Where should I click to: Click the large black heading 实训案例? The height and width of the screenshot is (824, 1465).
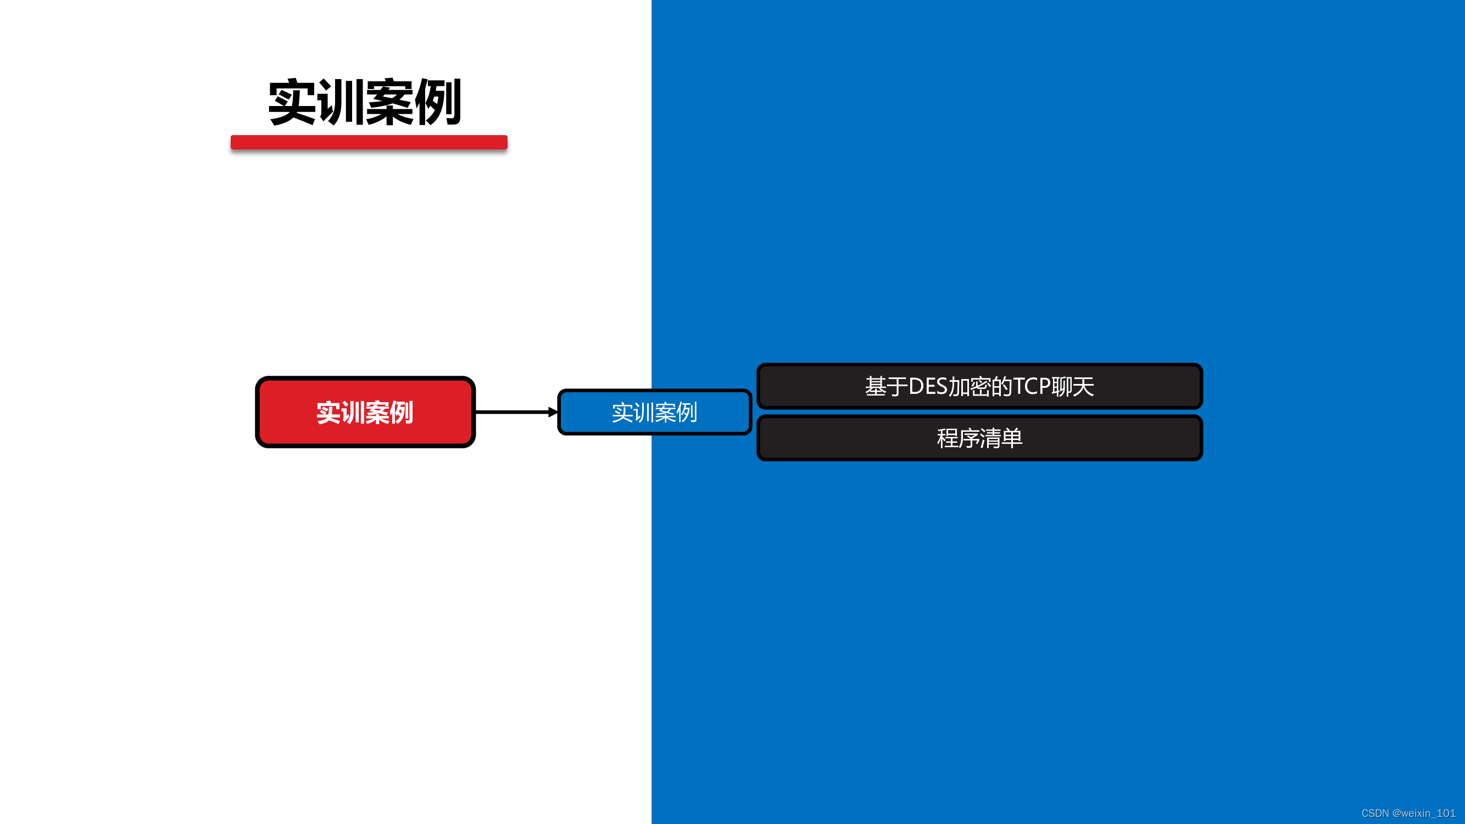(x=365, y=102)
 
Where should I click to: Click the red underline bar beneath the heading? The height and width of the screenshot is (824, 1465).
(x=369, y=142)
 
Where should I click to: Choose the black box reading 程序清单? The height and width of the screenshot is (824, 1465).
(x=979, y=438)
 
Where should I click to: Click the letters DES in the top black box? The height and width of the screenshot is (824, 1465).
(x=928, y=387)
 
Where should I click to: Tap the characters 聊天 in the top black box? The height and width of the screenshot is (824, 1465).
(x=1073, y=387)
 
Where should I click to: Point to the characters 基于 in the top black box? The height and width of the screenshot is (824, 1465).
(x=886, y=387)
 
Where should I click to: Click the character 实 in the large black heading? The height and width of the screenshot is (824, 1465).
(x=292, y=102)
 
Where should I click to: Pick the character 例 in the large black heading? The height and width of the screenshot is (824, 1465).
(x=438, y=102)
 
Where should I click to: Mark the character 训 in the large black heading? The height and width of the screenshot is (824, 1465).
(x=340, y=102)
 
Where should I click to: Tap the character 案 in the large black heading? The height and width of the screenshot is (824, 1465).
(x=389, y=102)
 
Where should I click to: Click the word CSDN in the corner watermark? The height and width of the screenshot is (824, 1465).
(x=1374, y=813)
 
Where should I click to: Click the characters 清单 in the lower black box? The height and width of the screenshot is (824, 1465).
(x=1001, y=438)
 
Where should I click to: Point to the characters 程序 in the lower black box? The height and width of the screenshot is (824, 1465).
(x=959, y=438)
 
